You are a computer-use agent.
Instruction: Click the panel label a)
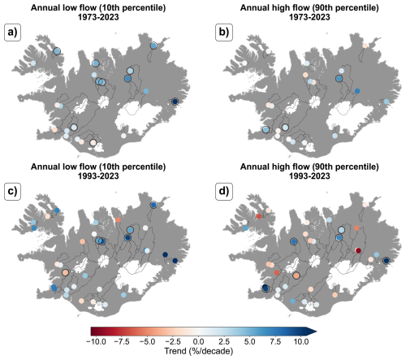[x=12, y=33]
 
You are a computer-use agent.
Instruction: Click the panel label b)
[x=224, y=33]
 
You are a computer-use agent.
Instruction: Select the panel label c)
[x=12, y=191]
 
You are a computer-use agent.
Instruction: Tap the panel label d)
[x=224, y=191]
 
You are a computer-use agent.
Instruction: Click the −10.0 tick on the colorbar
[x=96, y=341]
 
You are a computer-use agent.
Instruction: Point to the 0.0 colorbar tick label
[x=199, y=341]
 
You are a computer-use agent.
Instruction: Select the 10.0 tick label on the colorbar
[x=301, y=341]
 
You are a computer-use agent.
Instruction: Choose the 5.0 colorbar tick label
[x=249, y=341]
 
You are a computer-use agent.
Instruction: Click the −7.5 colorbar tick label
[x=122, y=341]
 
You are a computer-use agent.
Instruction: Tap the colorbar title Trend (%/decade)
[x=199, y=351]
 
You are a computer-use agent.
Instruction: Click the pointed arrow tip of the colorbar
[x=317, y=332]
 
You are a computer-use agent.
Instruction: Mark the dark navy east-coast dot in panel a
[x=175, y=102]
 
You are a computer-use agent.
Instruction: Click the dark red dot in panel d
[x=358, y=250]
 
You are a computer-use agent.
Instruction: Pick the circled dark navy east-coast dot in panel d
[x=387, y=261]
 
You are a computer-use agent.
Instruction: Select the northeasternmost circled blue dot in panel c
[x=153, y=205]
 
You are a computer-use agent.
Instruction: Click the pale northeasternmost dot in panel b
[x=365, y=46]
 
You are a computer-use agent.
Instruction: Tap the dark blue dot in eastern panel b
[x=357, y=91]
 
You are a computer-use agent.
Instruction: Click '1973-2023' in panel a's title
[x=98, y=17]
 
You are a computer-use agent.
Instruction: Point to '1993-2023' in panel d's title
[x=309, y=176]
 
